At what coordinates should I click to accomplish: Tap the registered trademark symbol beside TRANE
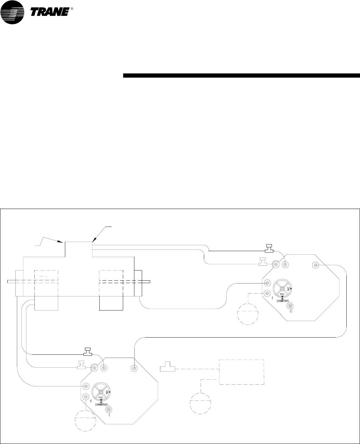72,9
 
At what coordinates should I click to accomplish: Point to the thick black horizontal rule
241,75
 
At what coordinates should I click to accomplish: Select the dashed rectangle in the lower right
241,372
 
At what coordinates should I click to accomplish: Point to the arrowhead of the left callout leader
62,242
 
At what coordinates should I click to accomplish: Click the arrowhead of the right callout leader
93,241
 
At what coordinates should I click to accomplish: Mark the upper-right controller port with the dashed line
268,293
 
